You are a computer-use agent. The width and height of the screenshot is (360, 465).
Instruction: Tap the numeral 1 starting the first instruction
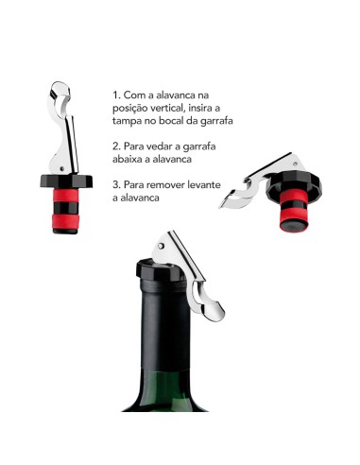[115, 95]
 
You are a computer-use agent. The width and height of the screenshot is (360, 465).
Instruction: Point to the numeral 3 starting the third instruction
[115, 186]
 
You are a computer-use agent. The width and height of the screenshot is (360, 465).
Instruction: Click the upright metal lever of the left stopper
[62, 132]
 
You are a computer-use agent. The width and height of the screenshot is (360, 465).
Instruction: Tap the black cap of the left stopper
[60, 181]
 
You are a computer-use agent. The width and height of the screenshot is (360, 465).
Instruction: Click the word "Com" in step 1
[136, 95]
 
